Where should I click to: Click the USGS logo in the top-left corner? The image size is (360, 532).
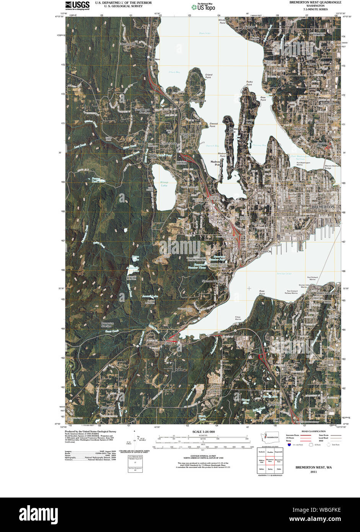click(77, 5)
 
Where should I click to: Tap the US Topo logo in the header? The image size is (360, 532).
click(203, 7)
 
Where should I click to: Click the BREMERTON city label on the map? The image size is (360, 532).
click(323, 207)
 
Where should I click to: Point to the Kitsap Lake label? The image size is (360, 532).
click(165, 183)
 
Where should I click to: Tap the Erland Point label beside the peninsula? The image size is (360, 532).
click(208, 76)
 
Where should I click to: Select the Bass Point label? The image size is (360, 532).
click(263, 98)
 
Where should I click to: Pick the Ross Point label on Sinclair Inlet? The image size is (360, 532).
click(262, 292)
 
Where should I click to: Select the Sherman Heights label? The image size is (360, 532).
click(212, 281)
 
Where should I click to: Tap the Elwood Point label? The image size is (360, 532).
click(213, 125)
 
